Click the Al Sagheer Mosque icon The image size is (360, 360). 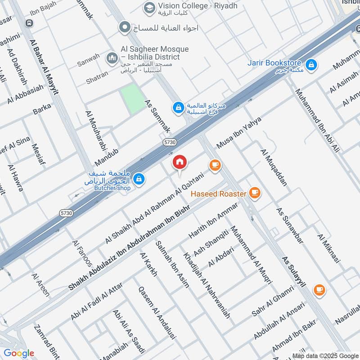coord(111,58)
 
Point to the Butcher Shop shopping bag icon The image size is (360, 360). coord(139,179)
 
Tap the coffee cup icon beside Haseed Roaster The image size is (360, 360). coord(255,193)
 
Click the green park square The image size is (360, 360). coord(133,99)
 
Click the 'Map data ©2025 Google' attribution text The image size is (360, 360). coord(324,355)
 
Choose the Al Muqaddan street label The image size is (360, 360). coord(273,167)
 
